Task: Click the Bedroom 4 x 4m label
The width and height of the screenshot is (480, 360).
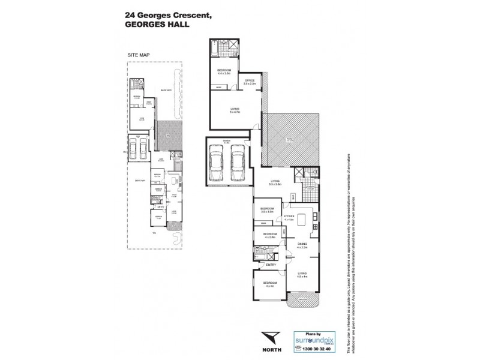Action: click(x=269, y=284)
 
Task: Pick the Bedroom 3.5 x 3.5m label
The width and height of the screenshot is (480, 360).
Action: click(x=267, y=210)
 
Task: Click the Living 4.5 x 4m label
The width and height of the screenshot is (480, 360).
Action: click(x=301, y=274)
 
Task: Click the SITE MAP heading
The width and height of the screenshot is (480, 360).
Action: click(x=138, y=54)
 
